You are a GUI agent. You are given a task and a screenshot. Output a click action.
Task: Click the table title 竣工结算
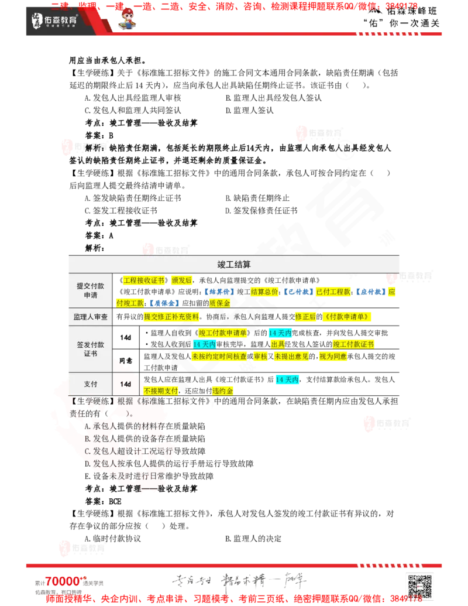234,265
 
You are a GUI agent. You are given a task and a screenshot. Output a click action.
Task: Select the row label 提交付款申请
90,290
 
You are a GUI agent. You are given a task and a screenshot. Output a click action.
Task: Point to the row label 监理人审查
90,317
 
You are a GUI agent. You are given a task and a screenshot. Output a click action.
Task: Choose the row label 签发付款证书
90,349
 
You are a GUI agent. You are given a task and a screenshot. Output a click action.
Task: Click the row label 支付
90,384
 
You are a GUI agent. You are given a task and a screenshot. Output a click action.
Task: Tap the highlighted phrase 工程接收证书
144,280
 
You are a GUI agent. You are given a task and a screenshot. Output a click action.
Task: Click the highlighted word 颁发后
181,280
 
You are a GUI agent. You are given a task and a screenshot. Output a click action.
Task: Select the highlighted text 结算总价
264,292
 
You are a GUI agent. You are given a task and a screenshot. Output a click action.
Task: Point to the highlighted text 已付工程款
333,292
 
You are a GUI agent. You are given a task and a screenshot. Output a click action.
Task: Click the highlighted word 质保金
219,303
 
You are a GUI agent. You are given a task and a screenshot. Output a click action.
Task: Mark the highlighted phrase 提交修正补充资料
171,317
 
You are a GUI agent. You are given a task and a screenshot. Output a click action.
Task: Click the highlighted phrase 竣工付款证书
353,344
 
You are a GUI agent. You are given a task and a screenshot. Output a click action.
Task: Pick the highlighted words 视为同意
333,356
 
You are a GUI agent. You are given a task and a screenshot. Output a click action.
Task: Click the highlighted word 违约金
222,391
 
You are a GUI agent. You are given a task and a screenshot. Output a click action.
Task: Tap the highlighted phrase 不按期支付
161,391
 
